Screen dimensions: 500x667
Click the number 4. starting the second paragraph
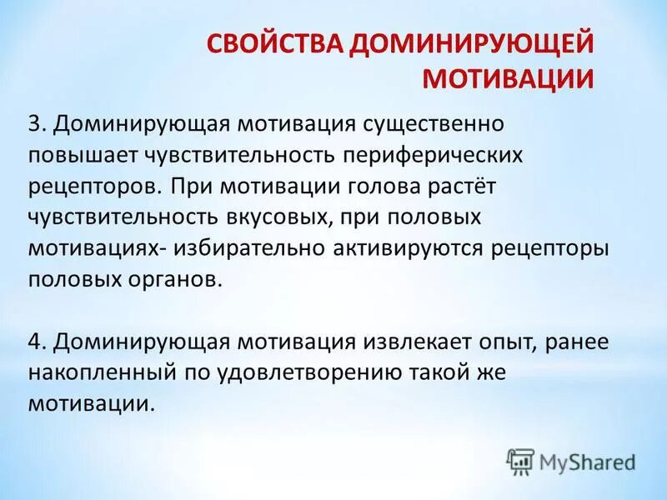click(38, 342)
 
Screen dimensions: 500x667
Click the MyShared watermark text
click(587, 460)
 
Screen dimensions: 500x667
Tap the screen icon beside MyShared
click(520, 460)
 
